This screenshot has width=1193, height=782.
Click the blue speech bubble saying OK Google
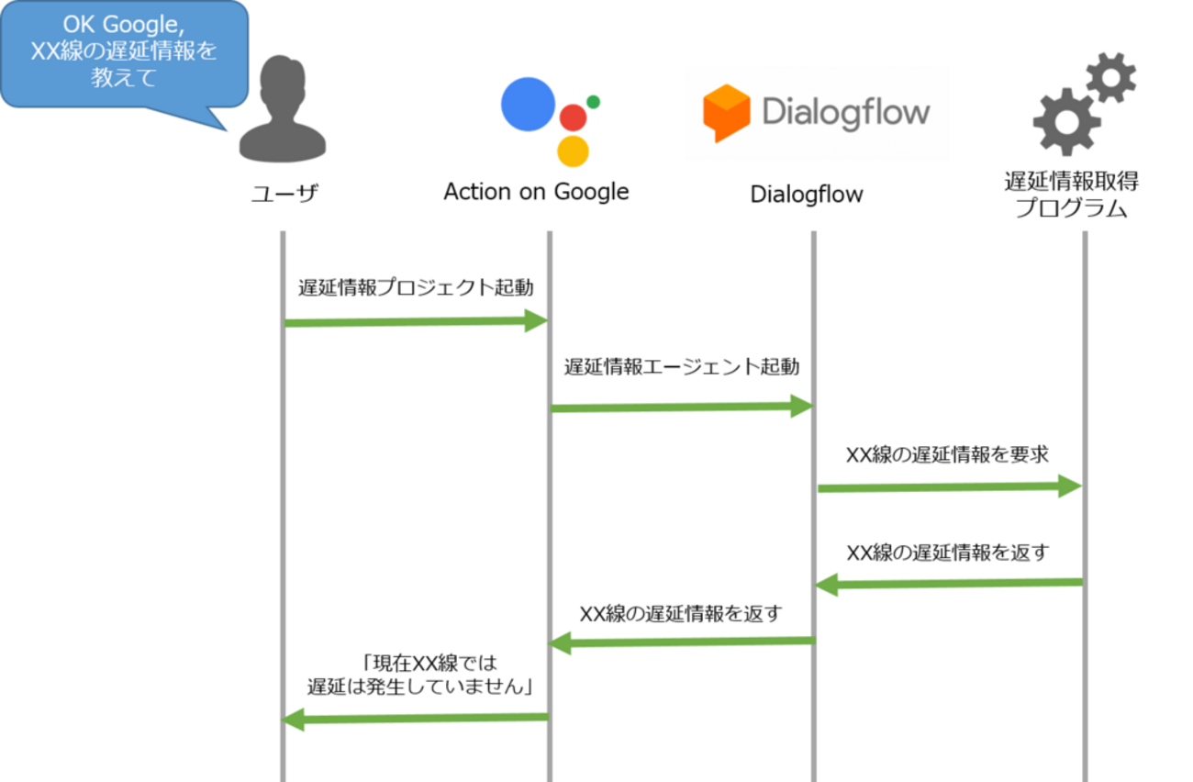(124, 53)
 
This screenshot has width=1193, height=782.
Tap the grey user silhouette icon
(283, 109)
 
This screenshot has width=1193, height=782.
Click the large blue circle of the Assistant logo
(528, 105)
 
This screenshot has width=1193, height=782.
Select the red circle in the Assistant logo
(573, 117)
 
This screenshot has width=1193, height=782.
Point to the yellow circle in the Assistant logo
(573, 151)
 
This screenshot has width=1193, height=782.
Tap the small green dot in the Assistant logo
(594, 102)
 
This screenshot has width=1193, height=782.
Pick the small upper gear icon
(1111, 78)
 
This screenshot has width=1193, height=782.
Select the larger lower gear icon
(1066, 122)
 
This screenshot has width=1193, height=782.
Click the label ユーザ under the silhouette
(284, 193)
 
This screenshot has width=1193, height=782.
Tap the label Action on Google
(536, 192)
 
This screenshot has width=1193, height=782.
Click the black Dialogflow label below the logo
(807, 195)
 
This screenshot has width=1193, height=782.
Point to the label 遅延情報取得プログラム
(1072, 195)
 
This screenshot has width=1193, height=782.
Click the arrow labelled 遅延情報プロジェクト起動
(417, 321)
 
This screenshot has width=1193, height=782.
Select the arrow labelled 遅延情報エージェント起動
(682, 407)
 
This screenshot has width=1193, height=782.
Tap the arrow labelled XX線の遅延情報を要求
(950, 486)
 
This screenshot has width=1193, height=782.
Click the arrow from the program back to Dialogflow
(949, 585)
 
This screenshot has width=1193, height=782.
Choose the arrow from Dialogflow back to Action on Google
(682, 642)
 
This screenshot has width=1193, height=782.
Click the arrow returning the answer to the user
(415, 720)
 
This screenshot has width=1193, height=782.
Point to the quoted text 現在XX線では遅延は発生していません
(420, 675)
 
